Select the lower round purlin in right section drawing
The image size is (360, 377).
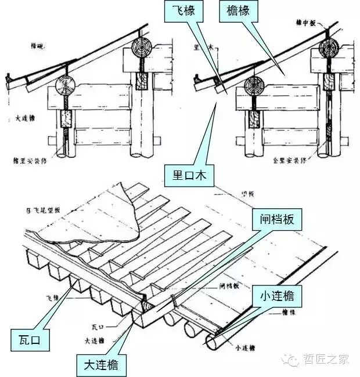(253, 86)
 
